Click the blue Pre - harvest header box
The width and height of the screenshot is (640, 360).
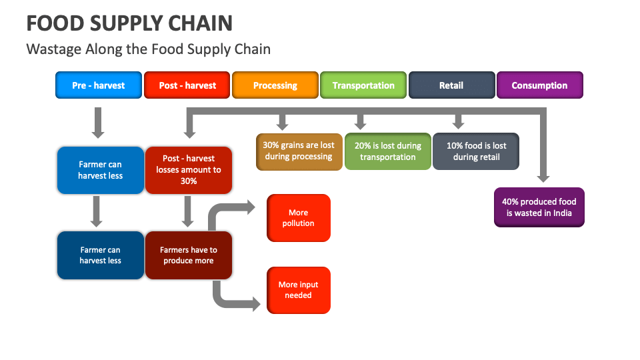[x=99, y=85]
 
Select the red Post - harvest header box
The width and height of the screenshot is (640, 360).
[x=187, y=85]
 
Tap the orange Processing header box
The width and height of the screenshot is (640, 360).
[x=275, y=85]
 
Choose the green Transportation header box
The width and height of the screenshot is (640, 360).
[x=363, y=85]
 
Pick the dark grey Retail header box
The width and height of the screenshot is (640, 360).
[x=451, y=85]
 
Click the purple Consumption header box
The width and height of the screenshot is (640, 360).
[x=539, y=85]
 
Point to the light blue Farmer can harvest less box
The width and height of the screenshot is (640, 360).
[x=100, y=170]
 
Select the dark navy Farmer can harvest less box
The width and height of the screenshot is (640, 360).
[x=100, y=255]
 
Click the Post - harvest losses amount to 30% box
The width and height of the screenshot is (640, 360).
[x=189, y=170]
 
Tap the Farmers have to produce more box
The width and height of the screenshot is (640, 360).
[x=189, y=255]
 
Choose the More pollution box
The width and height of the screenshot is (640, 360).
[x=298, y=218]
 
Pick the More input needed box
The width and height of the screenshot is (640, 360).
[x=298, y=290]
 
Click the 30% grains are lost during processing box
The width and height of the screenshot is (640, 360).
[x=299, y=151]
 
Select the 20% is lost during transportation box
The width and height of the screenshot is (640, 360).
[x=387, y=151]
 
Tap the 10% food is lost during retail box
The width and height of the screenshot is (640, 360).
[x=475, y=151]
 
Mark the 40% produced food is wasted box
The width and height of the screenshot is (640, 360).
[x=539, y=207]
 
